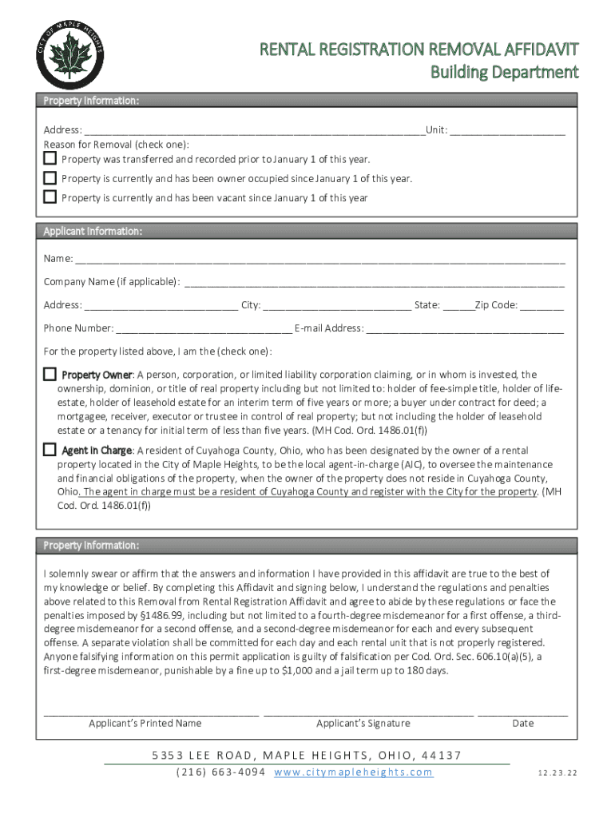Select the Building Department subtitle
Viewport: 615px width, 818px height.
coord(504,73)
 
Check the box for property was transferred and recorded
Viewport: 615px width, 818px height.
coord(50,158)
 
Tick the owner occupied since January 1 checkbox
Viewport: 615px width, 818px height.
coord(50,177)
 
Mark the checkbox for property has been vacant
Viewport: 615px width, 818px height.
coord(50,197)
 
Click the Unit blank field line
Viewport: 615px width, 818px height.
coord(507,132)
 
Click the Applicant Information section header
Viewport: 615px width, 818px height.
coord(93,231)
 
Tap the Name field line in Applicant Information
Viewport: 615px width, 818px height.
coord(319,260)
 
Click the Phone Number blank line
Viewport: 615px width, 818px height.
coord(204,329)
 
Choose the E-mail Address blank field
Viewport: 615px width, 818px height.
coord(465,329)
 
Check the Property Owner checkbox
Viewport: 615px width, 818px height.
coord(50,374)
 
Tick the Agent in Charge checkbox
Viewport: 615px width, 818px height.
coord(50,449)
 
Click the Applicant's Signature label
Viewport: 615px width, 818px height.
coord(363,723)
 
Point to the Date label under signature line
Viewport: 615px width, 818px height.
coord(523,723)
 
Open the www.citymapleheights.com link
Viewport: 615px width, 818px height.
coord(353,772)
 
